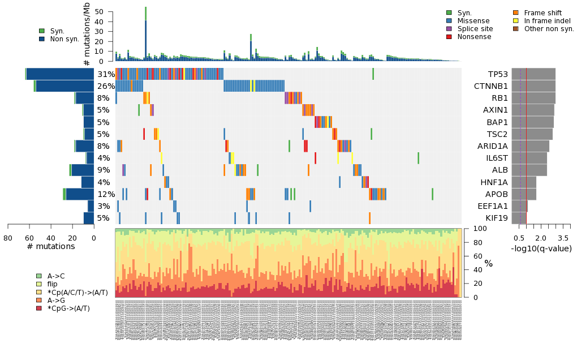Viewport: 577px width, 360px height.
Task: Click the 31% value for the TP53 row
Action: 106,75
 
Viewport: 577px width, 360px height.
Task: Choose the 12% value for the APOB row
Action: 106,194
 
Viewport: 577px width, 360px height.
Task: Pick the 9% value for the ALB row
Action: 104,170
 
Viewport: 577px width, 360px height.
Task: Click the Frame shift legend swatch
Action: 516,12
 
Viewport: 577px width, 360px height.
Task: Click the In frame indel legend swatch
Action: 516,20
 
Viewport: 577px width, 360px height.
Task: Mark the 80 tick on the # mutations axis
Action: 8,238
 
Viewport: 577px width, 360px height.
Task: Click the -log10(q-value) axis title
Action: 541,248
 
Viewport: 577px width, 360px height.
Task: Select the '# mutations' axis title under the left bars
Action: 51,246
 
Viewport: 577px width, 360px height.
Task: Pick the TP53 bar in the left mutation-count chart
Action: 60,74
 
